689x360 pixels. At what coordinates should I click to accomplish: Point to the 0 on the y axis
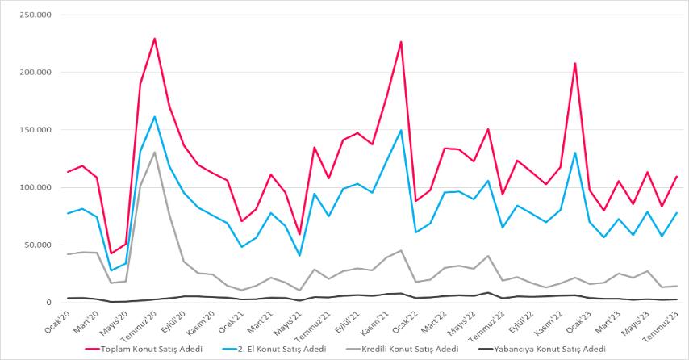48,303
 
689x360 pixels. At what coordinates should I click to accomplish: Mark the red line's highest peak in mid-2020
154,39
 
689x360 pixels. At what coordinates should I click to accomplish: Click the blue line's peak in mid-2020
154,117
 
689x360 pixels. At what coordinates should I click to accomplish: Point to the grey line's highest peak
154,153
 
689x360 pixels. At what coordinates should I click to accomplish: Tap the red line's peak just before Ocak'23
575,63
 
